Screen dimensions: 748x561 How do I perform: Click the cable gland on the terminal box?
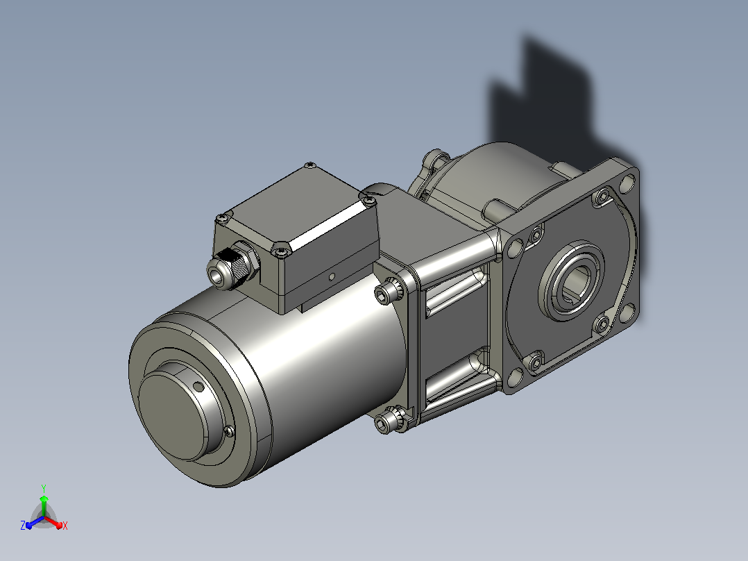(x=233, y=265)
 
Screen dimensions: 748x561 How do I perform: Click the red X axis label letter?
(x=65, y=526)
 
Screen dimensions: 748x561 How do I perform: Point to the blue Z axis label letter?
(x=22, y=526)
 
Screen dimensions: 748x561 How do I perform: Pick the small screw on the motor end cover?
(x=229, y=430)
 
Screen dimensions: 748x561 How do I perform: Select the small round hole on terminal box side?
(x=332, y=276)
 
